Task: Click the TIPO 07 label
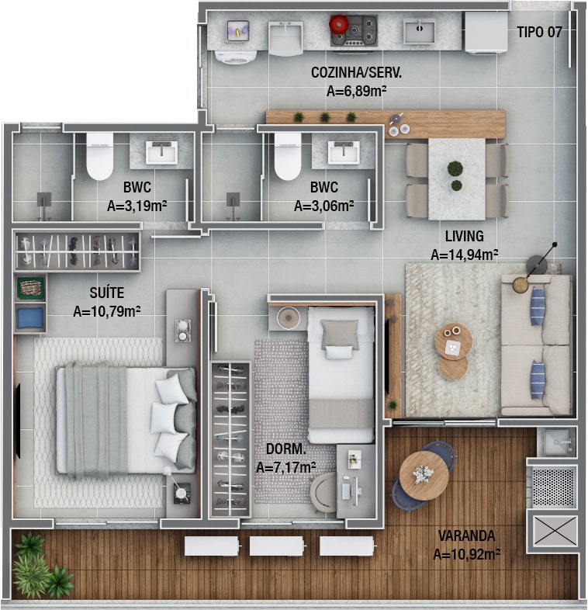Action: [x=539, y=32]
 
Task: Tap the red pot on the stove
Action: [x=339, y=24]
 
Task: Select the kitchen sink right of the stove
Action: [x=419, y=31]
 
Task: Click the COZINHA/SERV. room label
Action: [x=356, y=72]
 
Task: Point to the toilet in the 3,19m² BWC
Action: [x=99, y=157]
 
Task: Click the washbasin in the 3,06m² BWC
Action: [x=344, y=152]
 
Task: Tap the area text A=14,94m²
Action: [x=465, y=255]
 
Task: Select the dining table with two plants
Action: [x=457, y=179]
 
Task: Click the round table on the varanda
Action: [x=424, y=476]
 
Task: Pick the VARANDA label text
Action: [x=467, y=535]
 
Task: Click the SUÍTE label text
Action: [x=107, y=293]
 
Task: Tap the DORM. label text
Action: [x=285, y=449]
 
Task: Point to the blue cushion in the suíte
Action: [x=30, y=318]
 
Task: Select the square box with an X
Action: [x=555, y=531]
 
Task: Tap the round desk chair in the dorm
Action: [x=323, y=492]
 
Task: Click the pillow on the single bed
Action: [x=340, y=334]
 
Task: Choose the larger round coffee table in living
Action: [x=454, y=341]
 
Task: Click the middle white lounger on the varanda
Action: [x=277, y=546]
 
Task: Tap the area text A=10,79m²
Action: [x=107, y=311]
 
